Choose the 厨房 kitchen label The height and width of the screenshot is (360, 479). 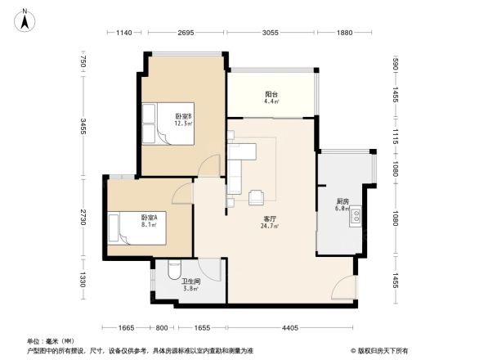point(344,205)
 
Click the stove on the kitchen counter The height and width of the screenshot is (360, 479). point(356,216)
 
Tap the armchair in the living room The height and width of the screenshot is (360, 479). point(257,196)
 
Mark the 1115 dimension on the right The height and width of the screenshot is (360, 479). point(395,135)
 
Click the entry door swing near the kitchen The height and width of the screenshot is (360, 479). point(345,286)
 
